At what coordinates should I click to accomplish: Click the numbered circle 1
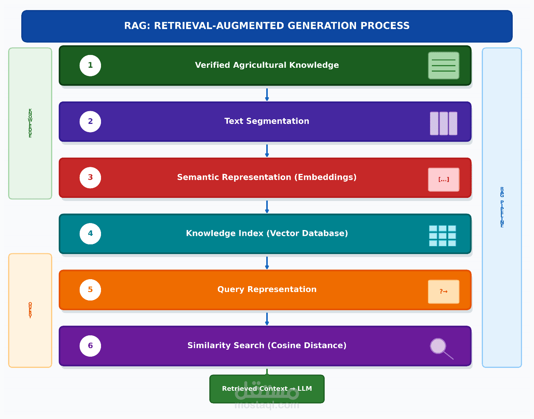pyautogui.click(x=90, y=65)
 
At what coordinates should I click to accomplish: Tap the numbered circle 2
pyautogui.click(x=90, y=122)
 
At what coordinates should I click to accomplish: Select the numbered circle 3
pyautogui.click(x=90, y=177)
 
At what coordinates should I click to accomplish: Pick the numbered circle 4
pyautogui.click(x=90, y=234)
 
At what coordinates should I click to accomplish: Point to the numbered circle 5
pyautogui.click(x=90, y=290)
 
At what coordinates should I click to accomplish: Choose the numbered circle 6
pyautogui.click(x=90, y=346)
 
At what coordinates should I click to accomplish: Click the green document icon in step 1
pyautogui.click(x=443, y=65)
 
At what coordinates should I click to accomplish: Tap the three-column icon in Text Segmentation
pyautogui.click(x=443, y=124)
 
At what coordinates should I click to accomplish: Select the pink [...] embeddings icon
pyautogui.click(x=443, y=180)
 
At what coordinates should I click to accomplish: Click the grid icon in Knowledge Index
pyautogui.click(x=442, y=235)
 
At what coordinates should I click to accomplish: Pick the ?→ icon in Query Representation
pyautogui.click(x=443, y=292)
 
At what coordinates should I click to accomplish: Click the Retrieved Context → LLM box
pyautogui.click(x=267, y=389)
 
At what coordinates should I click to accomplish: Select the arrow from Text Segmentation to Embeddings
pyautogui.click(x=267, y=151)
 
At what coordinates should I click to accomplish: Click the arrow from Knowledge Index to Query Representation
pyautogui.click(x=267, y=263)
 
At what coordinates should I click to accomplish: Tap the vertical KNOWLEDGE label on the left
pyautogui.click(x=30, y=123)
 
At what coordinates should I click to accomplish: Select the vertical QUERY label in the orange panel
pyautogui.click(x=30, y=310)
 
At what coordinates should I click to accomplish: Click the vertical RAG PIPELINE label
pyautogui.click(x=502, y=207)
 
